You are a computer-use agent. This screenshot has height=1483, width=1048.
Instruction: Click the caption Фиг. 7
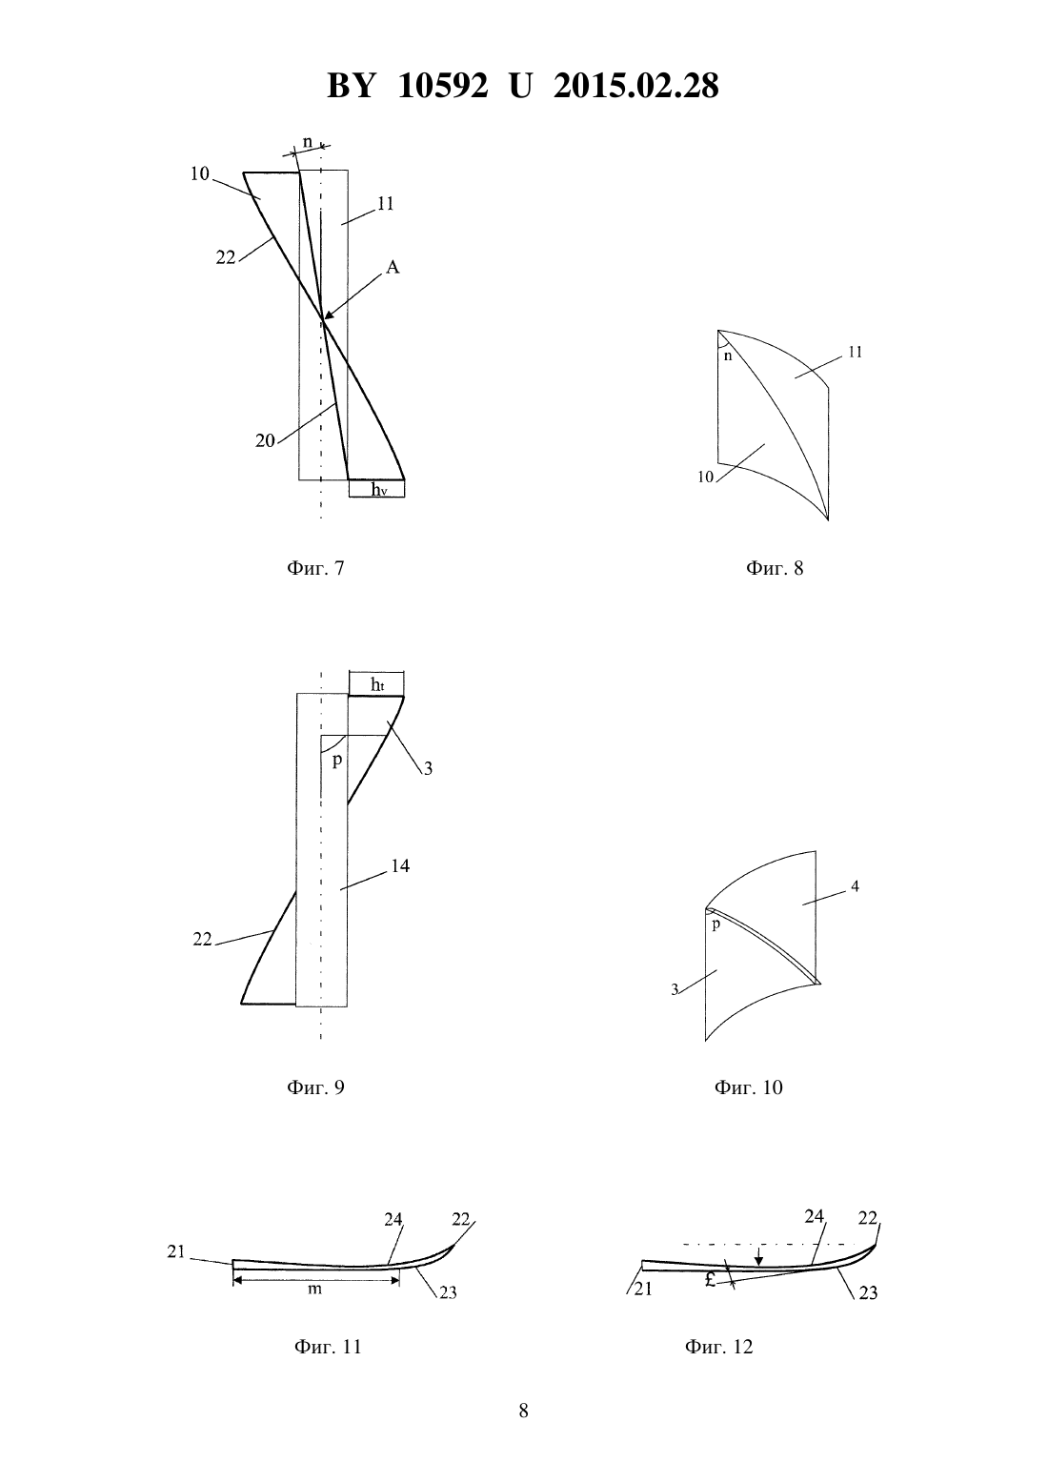coord(315,568)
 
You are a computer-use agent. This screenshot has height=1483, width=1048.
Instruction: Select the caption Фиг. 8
coord(775,568)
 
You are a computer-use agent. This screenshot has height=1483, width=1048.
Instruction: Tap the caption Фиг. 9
coord(315,1087)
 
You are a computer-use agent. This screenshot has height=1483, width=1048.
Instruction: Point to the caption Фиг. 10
coord(748,1087)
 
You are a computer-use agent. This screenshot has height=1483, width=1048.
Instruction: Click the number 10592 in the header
coord(443,86)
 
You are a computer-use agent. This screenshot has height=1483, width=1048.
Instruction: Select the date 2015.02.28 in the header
coord(635,86)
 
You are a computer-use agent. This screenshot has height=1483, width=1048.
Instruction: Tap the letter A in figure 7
coord(393,267)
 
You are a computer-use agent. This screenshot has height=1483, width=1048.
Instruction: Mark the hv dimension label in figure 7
coord(378,489)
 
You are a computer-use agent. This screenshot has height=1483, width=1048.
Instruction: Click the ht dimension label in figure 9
coord(377,684)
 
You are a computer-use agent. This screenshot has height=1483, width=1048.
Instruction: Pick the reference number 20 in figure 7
coord(265,440)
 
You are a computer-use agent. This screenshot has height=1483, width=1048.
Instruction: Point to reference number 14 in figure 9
coord(400,865)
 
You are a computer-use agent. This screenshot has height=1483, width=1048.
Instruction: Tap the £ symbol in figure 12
coord(710,1280)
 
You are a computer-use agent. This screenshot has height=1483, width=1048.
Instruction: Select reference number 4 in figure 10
coord(855,885)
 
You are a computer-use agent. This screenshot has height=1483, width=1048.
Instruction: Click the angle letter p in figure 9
coord(336,760)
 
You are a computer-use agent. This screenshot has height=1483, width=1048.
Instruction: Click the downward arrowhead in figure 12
coord(759,1260)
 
